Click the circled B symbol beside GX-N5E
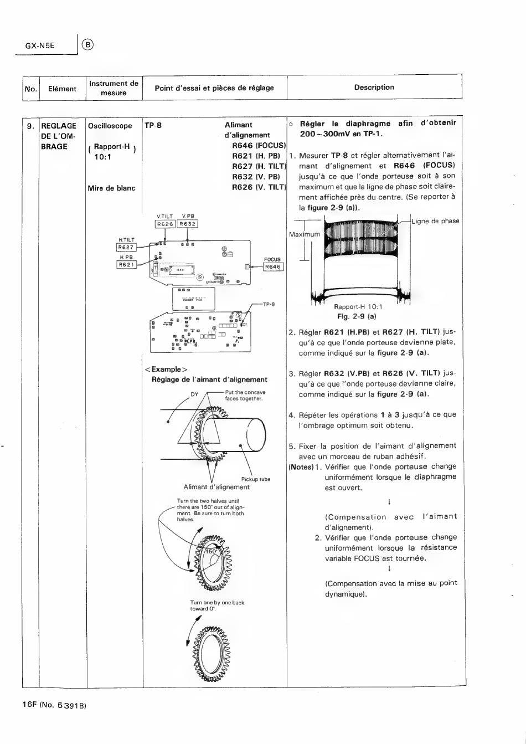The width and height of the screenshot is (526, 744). coord(88,45)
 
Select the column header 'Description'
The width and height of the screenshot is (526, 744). coord(374,88)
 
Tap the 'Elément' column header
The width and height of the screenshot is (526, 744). coord(62,89)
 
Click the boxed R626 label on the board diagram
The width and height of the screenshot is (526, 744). coord(166,224)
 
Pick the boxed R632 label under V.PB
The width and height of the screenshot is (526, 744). coord(188,224)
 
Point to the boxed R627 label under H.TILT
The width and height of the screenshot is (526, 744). coord(126,248)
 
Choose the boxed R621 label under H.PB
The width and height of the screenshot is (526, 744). coord(126,265)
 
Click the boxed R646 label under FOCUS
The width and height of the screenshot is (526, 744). coord(273,267)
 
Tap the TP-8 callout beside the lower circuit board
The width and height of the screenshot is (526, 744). coord(269,304)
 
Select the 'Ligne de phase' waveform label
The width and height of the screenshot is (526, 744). coord(435,221)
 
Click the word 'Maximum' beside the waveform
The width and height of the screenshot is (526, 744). coord(305,234)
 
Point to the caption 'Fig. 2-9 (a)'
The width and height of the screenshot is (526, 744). coord(357,316)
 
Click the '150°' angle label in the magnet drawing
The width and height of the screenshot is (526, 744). coord(212,552)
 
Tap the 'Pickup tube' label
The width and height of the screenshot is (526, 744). coord(256,479)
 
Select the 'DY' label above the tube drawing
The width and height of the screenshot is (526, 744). coord(194,394)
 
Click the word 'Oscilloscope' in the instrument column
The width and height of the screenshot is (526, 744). coord(110,126)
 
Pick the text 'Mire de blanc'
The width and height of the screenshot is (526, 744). coord(111,188)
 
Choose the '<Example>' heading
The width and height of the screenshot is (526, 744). coord(166,370)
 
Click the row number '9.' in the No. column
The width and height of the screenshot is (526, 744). coord(31,126)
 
